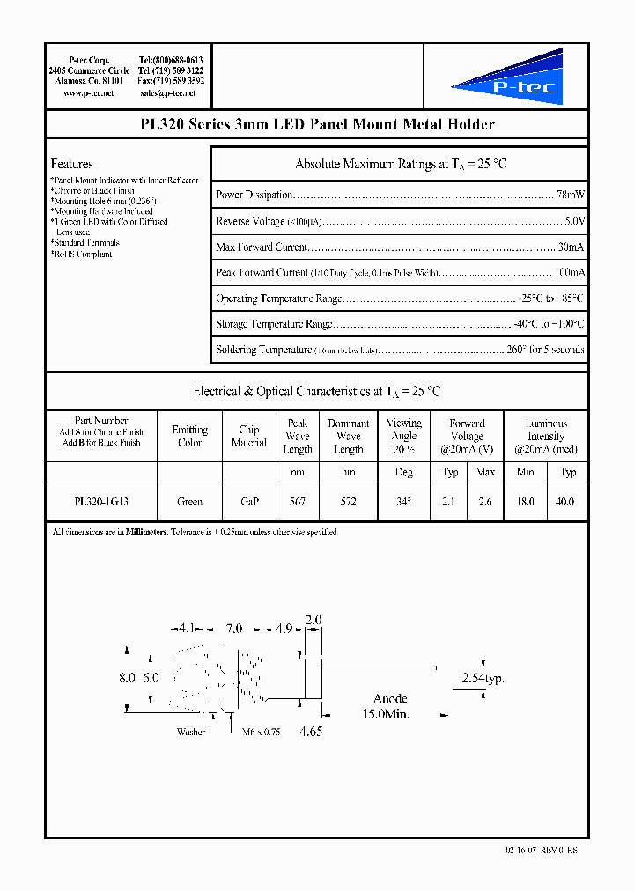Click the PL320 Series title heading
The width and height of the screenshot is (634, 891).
(x=317, y=125)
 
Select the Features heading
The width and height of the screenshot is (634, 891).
(x=72, y=164)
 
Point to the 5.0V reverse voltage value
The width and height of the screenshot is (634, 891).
(x=572, y=221)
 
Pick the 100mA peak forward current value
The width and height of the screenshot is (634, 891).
(x=568, y=273)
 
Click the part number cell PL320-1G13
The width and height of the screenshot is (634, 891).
(x=101, y=502)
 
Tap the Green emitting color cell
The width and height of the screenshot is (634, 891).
(x=189, y=502)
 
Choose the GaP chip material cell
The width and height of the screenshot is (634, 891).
(x=248, y=502)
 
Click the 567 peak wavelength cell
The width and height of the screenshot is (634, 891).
(x=298, y=502)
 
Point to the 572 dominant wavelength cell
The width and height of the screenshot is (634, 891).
(x=348, y=502)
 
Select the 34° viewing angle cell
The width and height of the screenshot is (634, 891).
(x=403, y=502)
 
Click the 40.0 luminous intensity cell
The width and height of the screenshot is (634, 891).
(x=568, y=502)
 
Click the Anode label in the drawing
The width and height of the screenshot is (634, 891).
(x=390, y=699)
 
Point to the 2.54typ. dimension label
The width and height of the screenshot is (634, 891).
(x=483, y=679)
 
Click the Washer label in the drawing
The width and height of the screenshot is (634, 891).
(x=191, y=732)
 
